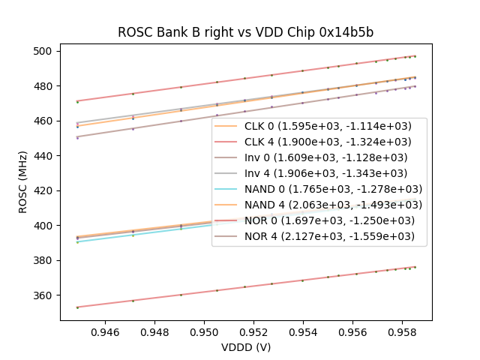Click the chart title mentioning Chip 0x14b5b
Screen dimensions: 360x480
click(245, 33)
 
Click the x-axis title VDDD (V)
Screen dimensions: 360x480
click(245, 347)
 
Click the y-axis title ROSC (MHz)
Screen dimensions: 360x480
click(23, 181)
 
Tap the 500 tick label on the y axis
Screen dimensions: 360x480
click(43, 51)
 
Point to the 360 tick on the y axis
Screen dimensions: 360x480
click(43, 295)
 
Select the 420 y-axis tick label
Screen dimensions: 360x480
click(43, 190)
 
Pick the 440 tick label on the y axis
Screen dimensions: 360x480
click(43, 156)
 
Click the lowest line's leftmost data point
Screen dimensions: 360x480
click(77, 307)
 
